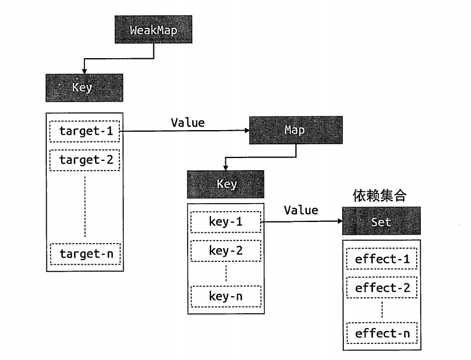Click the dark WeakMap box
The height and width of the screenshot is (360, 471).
pos(153,30)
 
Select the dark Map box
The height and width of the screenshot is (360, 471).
pos(296,130)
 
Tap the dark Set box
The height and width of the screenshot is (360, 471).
pos(381,221)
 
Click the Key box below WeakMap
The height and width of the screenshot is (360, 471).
pos(84,88)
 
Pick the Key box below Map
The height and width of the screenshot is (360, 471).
pos(226,184)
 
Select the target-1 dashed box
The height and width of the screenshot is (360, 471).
pos(85,131)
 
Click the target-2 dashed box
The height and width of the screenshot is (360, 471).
pos(85,160)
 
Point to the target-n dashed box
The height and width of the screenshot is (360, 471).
pos(86,254)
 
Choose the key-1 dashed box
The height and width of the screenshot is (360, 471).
pos(226,222)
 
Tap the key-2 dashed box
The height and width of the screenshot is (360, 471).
pos(226,251)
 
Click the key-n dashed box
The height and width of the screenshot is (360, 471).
pos(226,297)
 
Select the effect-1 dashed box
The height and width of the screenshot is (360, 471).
pos(382,258)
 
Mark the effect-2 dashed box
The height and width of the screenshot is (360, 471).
pos(382,288)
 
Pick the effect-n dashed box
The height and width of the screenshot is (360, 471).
pos(382,333)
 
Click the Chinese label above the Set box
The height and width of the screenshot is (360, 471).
pos(380,196)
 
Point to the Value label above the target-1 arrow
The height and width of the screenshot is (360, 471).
pos(188,123)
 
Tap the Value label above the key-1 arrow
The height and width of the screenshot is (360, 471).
pos(301,211)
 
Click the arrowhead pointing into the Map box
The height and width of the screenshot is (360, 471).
pos(247,131)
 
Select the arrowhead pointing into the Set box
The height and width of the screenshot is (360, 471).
pos(340,221)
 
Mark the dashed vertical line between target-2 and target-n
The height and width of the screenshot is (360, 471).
pos(85,207)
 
